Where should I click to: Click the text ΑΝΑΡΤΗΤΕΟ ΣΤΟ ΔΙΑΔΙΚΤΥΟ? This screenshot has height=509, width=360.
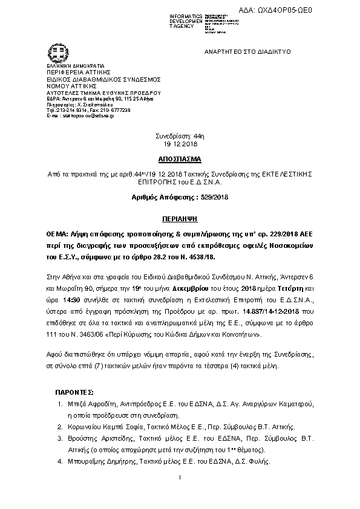click(x=240, y=53)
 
